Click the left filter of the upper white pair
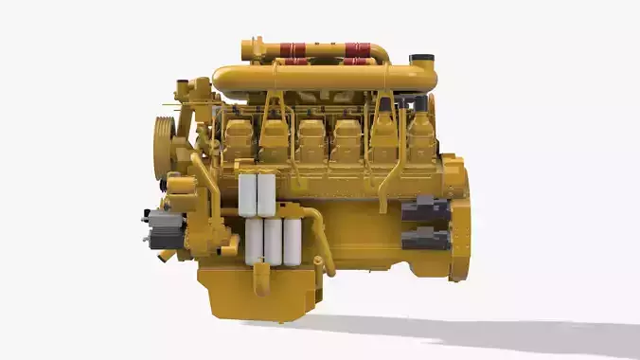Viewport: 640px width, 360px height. [248, 194]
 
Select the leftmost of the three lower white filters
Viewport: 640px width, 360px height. [254, 242]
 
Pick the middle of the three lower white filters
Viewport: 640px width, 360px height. [273, 242]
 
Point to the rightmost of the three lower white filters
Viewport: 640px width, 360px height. [292, 242]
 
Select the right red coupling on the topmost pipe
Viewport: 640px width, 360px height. [358, 49]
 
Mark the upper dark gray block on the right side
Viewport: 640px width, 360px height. [424, 210]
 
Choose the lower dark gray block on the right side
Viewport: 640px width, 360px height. [424, 240]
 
